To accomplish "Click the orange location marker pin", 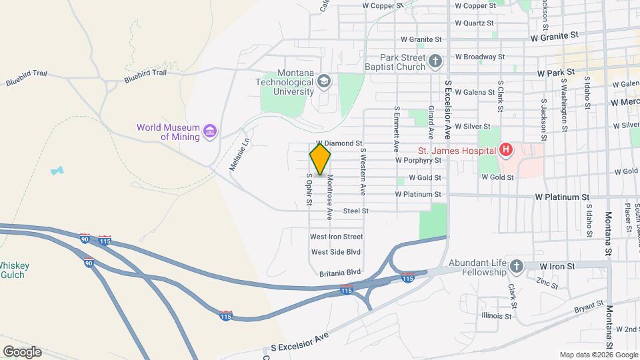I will (321, 159).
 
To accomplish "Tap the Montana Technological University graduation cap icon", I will (324, 81).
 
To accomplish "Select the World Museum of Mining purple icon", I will (210, 130).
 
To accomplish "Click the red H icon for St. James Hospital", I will (505, 150).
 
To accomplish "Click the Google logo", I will (22, 352).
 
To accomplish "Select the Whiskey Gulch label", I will (14, 270).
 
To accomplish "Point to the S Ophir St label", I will (309, 190).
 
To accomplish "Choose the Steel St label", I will (356, 211).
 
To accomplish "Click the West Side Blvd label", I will (336, 252).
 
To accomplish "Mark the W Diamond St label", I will (339, 143).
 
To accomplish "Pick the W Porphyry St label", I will (418, 160).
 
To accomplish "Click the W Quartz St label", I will (475, 23).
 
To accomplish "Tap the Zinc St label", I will (548, 283).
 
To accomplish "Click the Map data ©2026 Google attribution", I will (598, 355).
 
